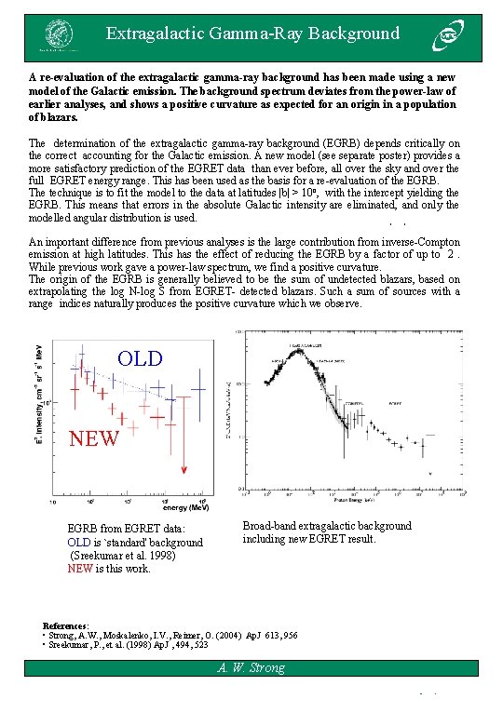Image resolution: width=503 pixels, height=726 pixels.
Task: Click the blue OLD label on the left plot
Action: tap(140, 359)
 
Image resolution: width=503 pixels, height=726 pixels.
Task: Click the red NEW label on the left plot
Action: tap(95, 438)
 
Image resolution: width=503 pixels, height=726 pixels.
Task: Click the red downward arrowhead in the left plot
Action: tap(185, 470)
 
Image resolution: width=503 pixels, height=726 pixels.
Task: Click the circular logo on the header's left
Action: tap(58, 38)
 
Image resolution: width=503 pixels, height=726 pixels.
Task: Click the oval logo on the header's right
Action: tap(444, 38)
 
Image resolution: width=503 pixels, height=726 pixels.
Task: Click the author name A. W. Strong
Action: tap(251, 667)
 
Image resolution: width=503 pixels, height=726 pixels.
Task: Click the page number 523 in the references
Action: tap(200, 643)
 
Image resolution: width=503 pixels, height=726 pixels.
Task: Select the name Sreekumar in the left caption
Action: tap(104, 556)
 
